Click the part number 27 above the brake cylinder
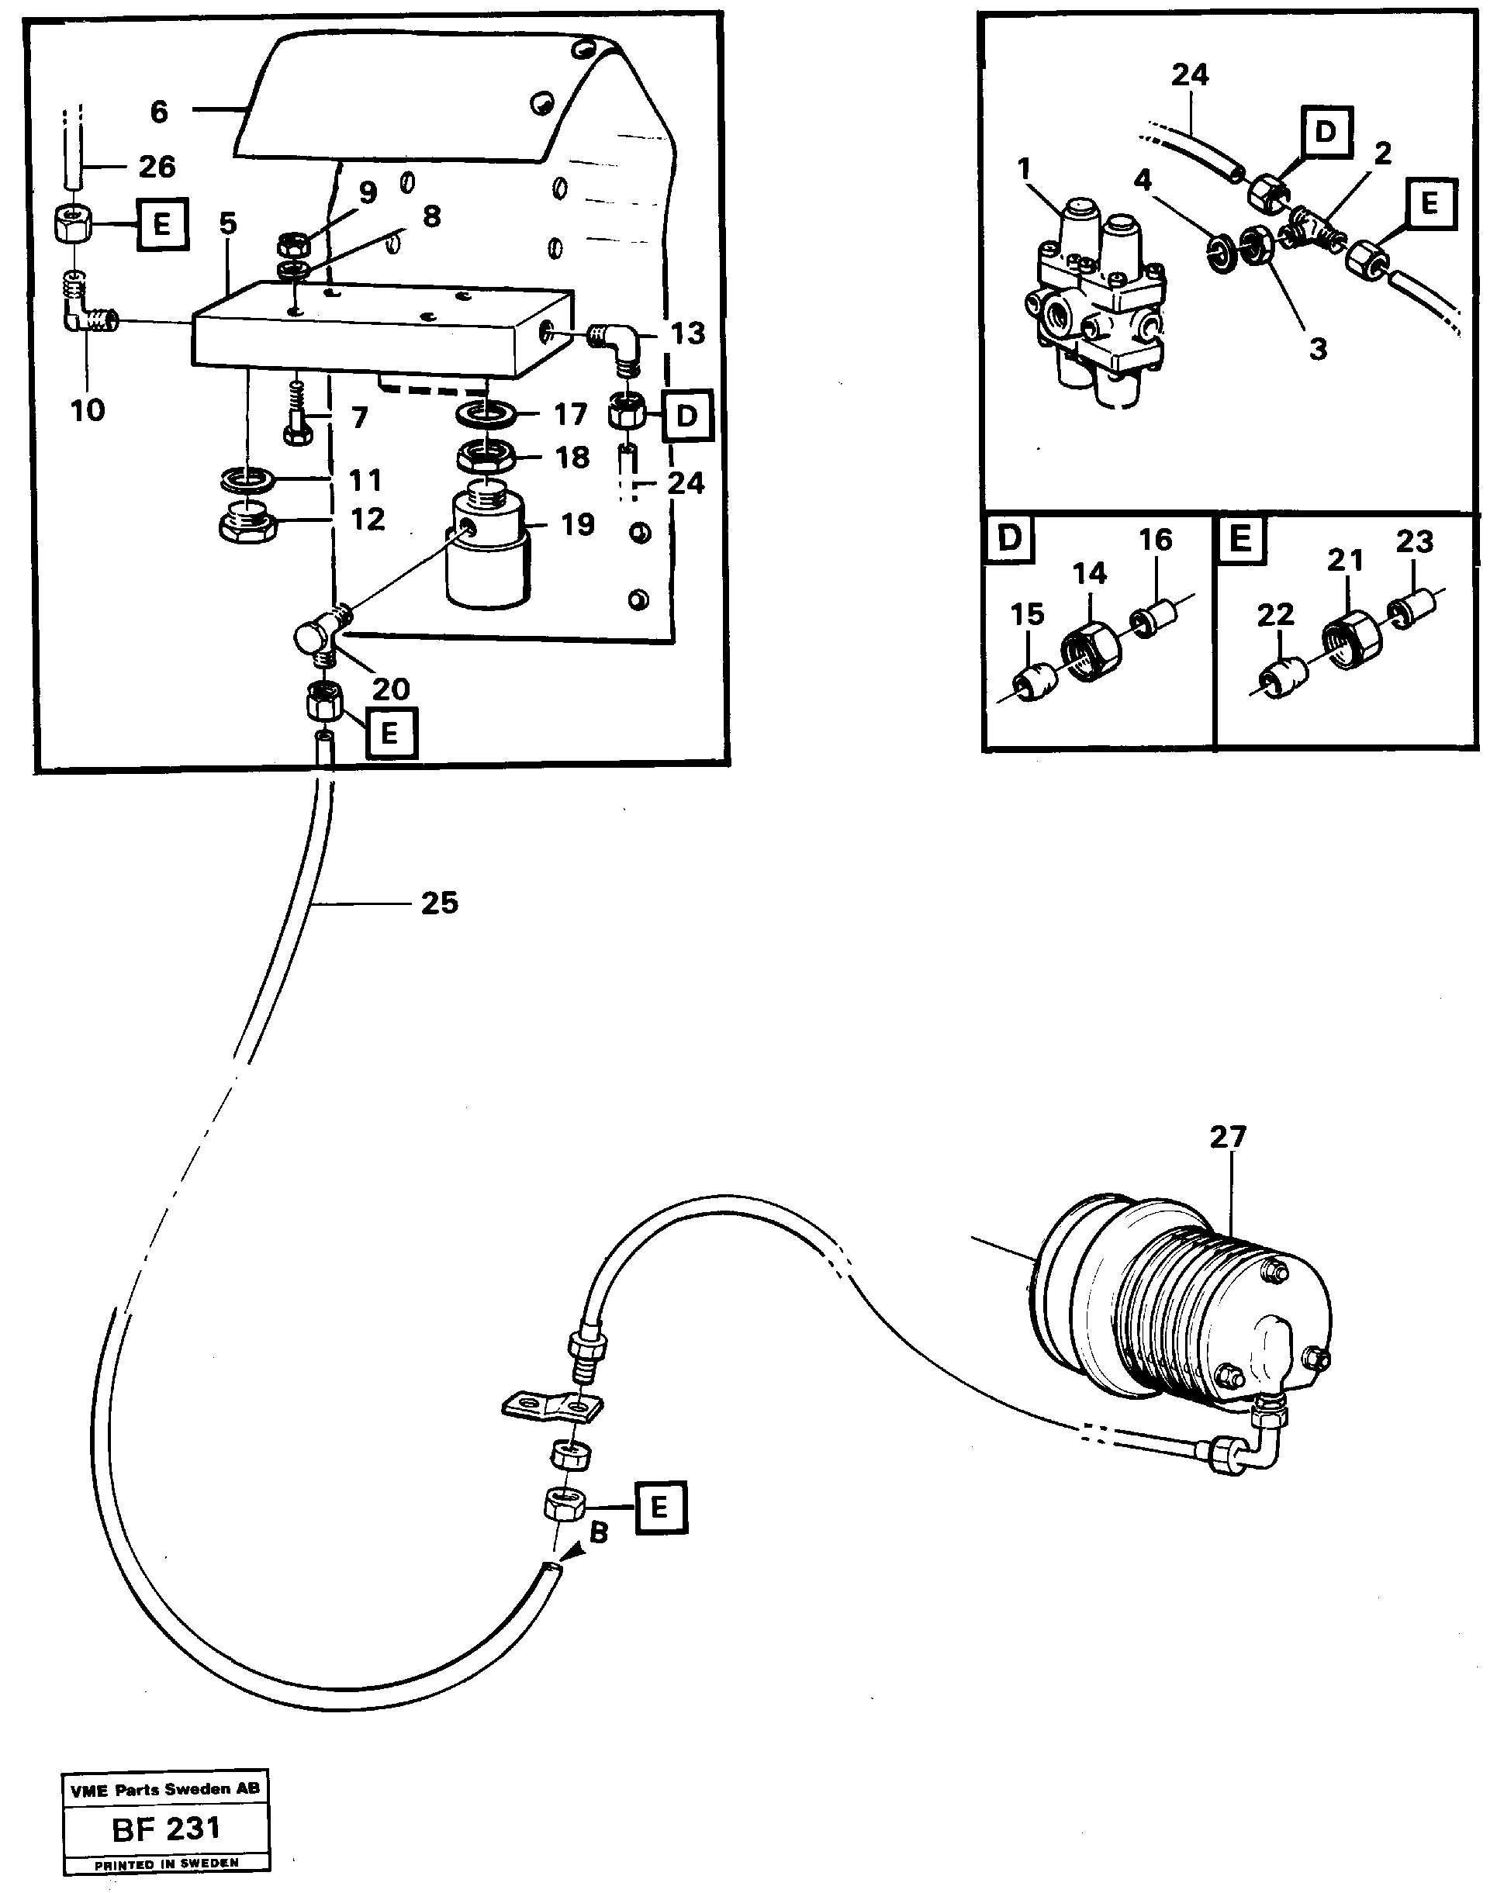[x=1227, y=1137]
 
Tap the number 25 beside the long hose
[x=439, y=903]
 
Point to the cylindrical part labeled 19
[x=487, y=552]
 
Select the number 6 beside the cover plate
[x=159, y=112]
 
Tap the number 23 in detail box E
[x=1414, y=541]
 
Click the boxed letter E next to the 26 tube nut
[x=162, y=224]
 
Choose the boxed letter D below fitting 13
[x=687, y=416]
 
